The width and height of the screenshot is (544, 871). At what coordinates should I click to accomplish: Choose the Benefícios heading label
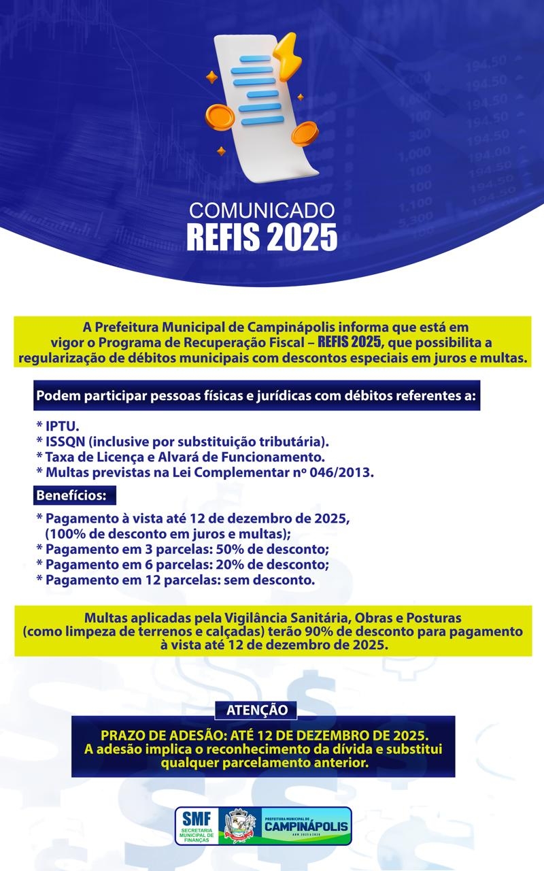[x=71, y=496]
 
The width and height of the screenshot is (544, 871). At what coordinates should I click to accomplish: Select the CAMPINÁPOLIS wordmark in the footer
[x=305, y=826]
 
